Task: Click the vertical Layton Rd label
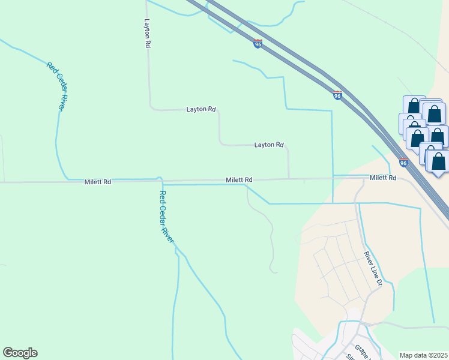coord(147,33)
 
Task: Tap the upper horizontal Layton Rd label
coord(200,109)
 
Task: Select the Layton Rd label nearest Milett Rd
coord(268,145)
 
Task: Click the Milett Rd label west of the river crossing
coord(98,182)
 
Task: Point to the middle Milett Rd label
coord(239,179)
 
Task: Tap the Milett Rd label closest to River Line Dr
coord(383,178)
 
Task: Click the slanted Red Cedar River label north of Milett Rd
coord(56,85)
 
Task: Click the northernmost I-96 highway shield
coord(258,44)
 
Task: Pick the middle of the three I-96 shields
coord(337,95)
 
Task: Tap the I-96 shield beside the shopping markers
coord(403,162)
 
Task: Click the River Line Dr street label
coord(373,266)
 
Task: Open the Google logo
coord(20,353)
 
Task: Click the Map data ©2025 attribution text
coord(423,355)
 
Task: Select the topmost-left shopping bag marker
coord(414,106)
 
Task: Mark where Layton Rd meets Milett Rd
coord(289,178)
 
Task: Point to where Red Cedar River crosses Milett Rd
coord(159,179)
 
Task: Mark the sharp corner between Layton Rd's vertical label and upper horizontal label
coord(150,109)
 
